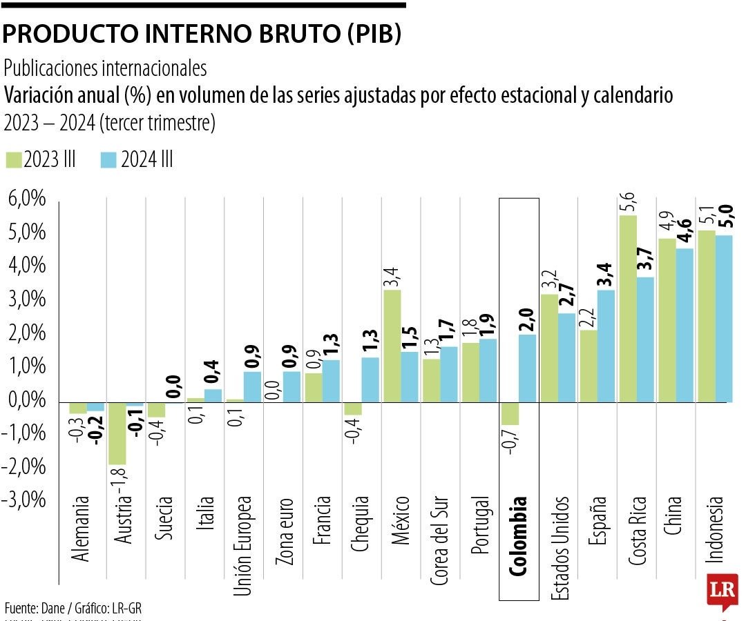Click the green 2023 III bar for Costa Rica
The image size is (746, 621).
(x=627, y=308)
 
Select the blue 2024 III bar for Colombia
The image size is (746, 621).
(x=527, y=368)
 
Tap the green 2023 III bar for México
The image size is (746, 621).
(x=392, y=346)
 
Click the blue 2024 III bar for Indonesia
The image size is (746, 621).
(x=723, y=318)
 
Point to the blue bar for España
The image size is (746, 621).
(x=605, y=346)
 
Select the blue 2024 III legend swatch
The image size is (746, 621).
(x=108, y=160)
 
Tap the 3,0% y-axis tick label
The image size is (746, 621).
(x=27, y=300)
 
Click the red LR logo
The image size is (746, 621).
(x=724, y=591)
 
